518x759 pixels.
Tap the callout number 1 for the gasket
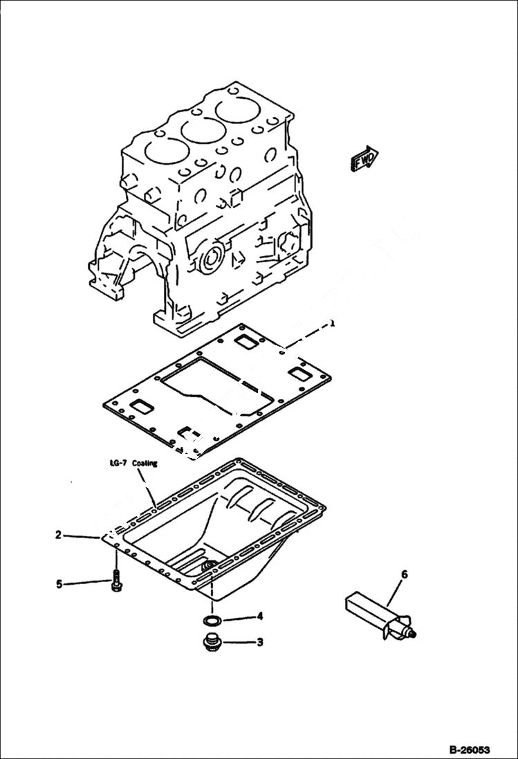333,323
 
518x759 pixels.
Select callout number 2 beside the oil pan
59,535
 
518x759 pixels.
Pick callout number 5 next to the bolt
59,585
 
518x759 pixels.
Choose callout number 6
405,574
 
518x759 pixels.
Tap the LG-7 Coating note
133,464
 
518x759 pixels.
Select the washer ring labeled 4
213,617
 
